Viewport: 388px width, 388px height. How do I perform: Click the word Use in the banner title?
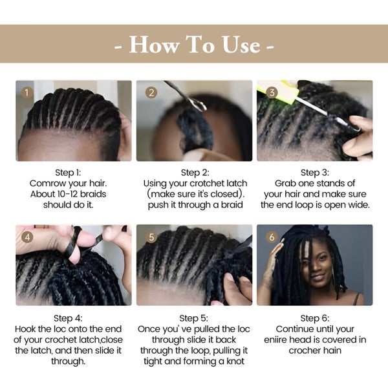[241, 45]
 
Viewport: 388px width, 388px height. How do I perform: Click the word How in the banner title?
[154, 45]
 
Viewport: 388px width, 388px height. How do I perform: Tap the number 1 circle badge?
[27, 92]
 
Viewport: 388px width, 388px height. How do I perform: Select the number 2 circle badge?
[151, 92]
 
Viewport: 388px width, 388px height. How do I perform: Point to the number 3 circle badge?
[272, 92]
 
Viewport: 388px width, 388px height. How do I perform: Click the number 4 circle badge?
[27, 237]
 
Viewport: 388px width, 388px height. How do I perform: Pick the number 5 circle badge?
[151, 237]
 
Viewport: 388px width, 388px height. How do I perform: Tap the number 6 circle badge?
[272, 237]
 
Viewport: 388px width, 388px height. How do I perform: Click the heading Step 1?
[68, 173]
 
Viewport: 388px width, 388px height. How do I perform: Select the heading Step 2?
[195, 173]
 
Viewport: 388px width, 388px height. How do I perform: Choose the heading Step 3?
[315, 173]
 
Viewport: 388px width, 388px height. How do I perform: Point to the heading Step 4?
[68, 318]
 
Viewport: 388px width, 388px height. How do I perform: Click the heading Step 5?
[194, 318]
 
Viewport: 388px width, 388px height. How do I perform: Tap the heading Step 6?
[315, 318]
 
